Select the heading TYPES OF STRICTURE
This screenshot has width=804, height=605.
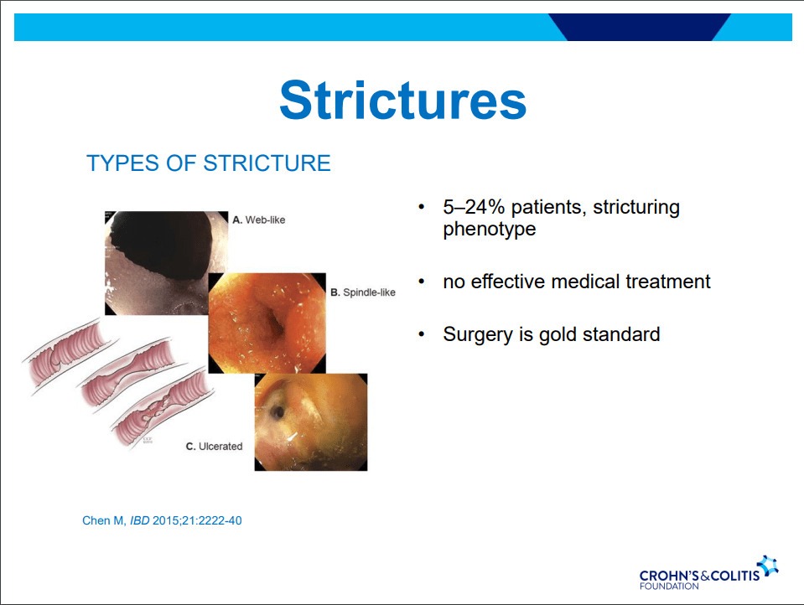(x=209, y=163)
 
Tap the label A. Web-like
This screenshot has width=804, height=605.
(x=259, y=220)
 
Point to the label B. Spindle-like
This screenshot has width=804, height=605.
(x=363, y=292)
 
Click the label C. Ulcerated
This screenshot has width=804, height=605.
(x=215, y=447)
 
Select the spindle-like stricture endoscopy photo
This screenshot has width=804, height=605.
(x=267, y=323)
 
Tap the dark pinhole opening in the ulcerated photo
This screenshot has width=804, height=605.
(x=278, y=411)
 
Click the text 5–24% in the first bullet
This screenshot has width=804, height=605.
(x=474, y=207)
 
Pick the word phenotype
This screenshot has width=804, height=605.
(x=489, y=230)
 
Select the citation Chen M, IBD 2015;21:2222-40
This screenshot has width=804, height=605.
(x=162, y=520)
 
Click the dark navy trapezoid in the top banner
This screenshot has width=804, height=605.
(x=640, y=27)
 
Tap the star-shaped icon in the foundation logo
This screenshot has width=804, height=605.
(x=769, y=566)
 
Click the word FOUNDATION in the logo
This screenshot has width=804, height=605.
(x=669, y=586)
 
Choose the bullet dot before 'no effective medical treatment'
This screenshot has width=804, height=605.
(x=422, y=282)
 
